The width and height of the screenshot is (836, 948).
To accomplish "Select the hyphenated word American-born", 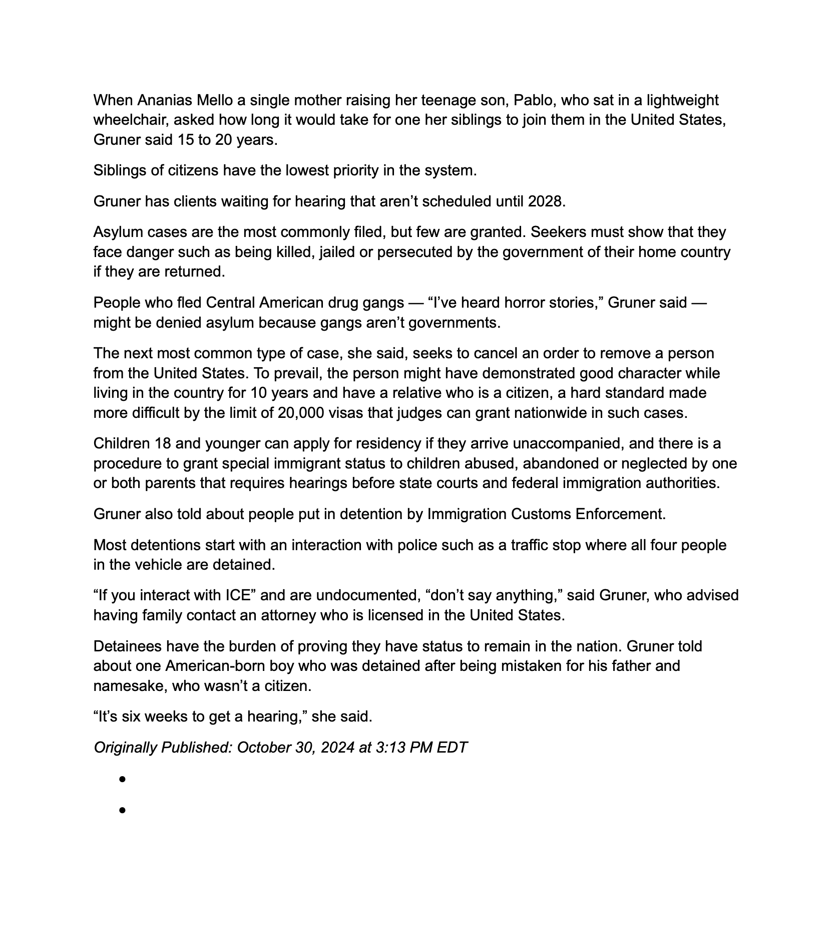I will point(213,666).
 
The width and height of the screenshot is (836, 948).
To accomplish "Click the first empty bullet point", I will point(122,779).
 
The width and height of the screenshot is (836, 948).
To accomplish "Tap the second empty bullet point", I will point(122,810).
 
